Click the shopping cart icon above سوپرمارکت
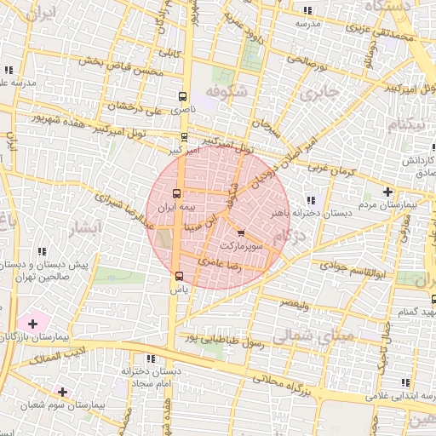tap(240, 232)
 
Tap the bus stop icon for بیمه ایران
tap(177, 193)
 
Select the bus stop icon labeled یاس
tap(179, 276)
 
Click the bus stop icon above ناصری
tap(183, 97)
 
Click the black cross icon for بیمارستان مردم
tap(388, 192)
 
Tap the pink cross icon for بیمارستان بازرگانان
tap(32, 324)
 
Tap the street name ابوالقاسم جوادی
tap(351, 270)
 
